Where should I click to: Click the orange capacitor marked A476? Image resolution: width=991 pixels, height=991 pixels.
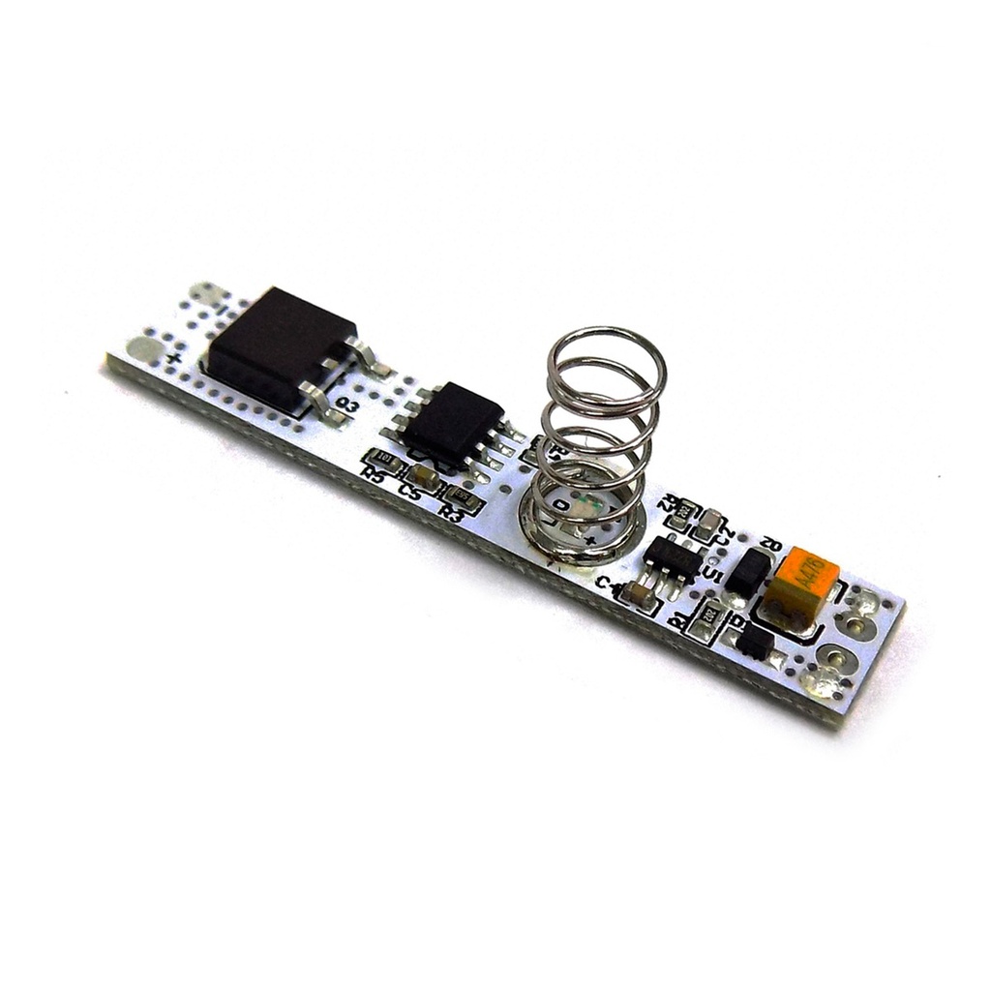click(x=800, y=585)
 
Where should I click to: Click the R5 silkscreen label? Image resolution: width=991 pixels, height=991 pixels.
click(x=372, y=474)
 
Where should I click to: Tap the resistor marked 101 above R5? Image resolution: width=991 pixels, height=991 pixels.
click(x=385, y=458)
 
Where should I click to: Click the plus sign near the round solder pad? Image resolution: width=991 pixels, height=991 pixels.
click(x=174, y=359)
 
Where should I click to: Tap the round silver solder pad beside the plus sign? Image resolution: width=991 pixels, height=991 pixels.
click(x=144, y=348)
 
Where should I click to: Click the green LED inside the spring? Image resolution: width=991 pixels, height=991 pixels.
click(x=589, y=504)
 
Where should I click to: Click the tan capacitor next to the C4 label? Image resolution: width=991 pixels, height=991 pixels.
click(x=640, y=594)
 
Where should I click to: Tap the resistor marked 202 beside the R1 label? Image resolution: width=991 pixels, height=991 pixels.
click(x=709, y=612)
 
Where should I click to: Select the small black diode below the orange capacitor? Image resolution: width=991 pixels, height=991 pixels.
click(x=754, y=642)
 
